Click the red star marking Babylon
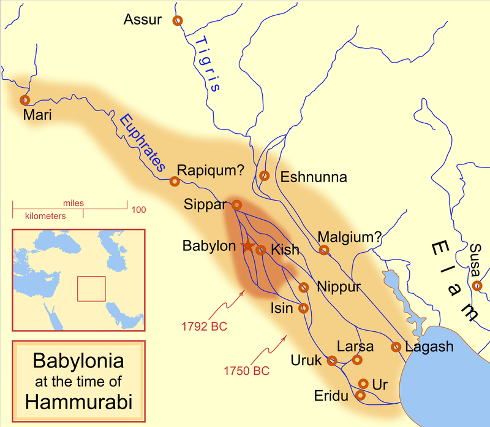click(247, 246)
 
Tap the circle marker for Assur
click(178, 20)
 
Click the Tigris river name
click(206, 61)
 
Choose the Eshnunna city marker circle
click(265, 175)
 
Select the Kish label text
click(285, 250)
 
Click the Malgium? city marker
click(324, 250)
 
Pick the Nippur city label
click(339, 287)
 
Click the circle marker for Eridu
click(360, 396)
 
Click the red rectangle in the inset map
click(91, 288)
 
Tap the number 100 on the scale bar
click(138, 210)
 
